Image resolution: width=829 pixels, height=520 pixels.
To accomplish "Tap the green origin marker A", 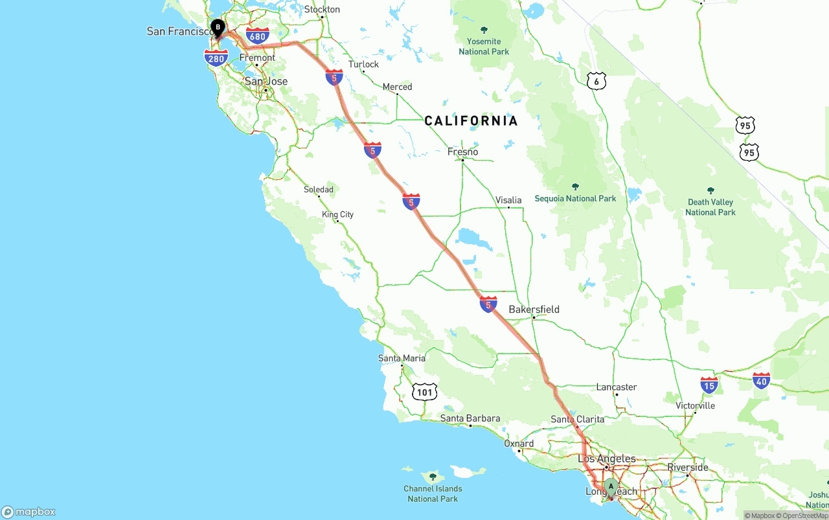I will (x=610, y=486).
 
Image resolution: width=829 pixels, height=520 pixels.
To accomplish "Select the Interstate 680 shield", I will (x=258, y=36).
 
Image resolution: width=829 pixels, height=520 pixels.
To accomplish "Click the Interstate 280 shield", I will (x=216, y=58).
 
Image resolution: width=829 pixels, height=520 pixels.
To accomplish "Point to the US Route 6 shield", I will (x=596, y=81).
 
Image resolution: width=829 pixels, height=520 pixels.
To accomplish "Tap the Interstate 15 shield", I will (x=709, y=385).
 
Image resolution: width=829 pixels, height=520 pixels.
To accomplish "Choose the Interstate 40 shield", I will (x=762, y=381).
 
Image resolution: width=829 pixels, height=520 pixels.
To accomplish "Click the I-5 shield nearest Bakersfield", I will (x=488, y=304).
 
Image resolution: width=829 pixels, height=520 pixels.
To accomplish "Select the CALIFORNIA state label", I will (x=471, y=120).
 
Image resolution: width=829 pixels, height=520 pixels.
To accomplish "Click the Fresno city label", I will (x=462, y=152).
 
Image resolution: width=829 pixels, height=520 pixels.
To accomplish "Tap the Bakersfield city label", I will (x=534, y=309).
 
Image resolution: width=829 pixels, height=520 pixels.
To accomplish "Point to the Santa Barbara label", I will (x=470, y=418).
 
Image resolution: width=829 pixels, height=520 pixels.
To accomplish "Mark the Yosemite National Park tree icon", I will (x=484, y=30).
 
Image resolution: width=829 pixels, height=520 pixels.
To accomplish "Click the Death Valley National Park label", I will (x=710, y=207).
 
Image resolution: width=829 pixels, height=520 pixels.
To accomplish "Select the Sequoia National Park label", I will (x=575, y=198).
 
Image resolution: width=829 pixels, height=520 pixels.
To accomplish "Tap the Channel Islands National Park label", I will (x=433, y=493).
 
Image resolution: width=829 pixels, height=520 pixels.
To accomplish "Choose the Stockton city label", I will (x=322, y=9).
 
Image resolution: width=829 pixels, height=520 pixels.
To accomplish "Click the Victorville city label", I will (x=695, y=405).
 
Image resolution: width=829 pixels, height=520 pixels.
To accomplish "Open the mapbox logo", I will (x=28, y=512).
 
